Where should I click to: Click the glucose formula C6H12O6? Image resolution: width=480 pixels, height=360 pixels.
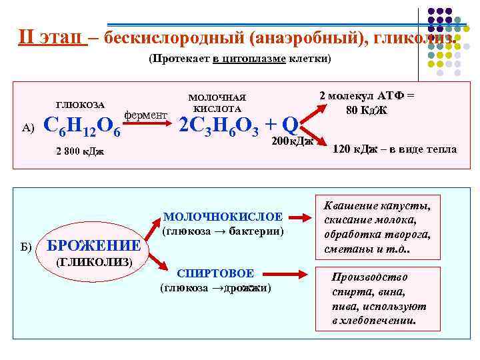point(81,126)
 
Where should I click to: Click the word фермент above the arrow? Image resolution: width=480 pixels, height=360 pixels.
point(146,115)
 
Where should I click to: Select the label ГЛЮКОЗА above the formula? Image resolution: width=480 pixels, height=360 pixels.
point(80,105)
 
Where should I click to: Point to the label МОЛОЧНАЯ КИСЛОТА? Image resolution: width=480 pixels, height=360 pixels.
point(217,103)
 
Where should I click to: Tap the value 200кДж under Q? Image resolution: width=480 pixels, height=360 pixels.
point(293,141)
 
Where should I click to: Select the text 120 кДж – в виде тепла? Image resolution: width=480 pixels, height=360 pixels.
point(395,149)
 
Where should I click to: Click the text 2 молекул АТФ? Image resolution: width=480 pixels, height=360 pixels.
point(367,95)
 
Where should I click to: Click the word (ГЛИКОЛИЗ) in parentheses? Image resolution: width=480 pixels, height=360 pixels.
point(94,261)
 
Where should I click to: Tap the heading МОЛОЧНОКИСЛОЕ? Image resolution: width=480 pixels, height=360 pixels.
point(223,217)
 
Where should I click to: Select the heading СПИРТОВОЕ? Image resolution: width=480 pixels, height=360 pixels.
point(215,274)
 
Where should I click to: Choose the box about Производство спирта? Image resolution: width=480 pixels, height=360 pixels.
point(378,298)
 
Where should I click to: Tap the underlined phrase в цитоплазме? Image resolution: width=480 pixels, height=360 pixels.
point(249,59)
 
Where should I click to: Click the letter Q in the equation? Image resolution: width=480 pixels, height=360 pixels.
point(289,124)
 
